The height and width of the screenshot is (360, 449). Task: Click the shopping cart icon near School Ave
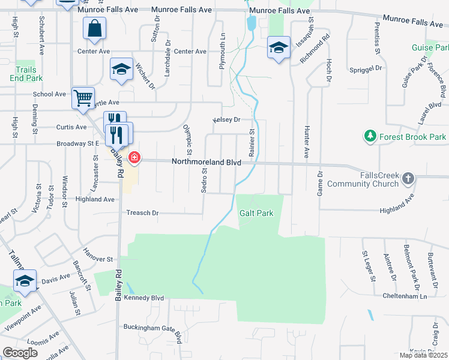coord(83,97)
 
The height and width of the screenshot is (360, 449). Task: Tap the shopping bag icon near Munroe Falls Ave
coord(95,28)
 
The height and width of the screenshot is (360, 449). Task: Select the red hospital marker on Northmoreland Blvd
coord(134,158)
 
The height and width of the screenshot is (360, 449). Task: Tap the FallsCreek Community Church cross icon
coord(408,178)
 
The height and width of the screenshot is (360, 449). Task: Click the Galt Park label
coord(256,213)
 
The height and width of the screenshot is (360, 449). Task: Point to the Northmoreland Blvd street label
coord(206,162)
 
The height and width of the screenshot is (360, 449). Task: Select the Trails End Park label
coord(26,74)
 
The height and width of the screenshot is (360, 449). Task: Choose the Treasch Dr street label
coord(142,213)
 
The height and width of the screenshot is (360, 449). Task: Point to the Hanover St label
coord(98,259)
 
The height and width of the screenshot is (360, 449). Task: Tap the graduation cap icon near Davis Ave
coord(25,280)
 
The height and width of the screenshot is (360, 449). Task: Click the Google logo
coord(20,353)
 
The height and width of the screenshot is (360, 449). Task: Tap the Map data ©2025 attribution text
coord(423,355)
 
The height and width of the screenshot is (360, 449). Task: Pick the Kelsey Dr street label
coord(226,120)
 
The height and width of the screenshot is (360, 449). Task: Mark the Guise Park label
coord(430,47)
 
